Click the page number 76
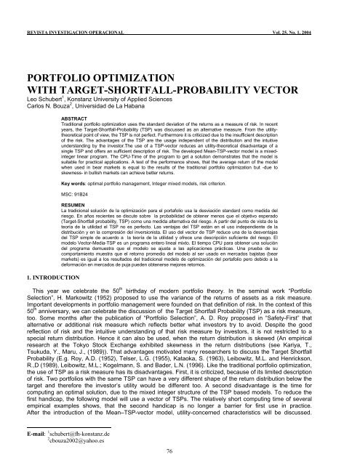(x=180, y=450)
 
